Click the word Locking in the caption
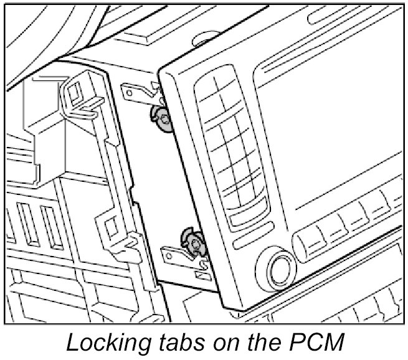coord(103,343)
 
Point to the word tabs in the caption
coord(173,343)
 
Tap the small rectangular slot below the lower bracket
coord(202,273)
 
